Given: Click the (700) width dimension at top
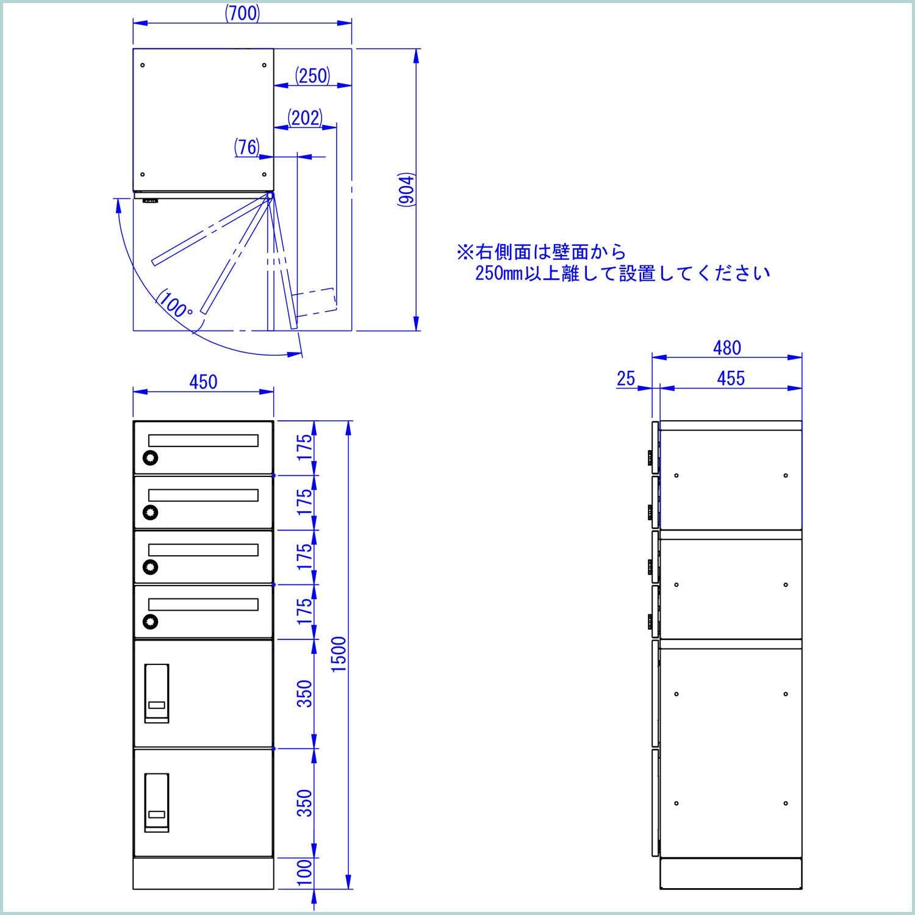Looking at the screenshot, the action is coord(243,13).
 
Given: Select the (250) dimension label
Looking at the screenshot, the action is coord(313,76).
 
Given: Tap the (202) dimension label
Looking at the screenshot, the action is coord(304,118).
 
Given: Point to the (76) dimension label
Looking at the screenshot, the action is coord(247,147).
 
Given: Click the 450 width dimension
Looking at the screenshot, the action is coord(203,382).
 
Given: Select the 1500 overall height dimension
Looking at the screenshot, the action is coord(339,654).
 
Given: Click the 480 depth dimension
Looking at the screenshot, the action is coord(727,348).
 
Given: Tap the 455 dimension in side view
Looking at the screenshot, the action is coord(731,378).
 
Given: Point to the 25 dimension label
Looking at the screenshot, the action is coord(626,379).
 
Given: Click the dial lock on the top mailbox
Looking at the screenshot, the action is coord(150,457).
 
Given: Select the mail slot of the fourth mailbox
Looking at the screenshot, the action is coord(203,605).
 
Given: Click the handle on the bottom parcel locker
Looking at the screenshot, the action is coord(157,803).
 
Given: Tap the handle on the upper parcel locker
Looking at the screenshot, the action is coord(157,694).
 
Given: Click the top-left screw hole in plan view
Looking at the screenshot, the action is coord(142,65).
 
